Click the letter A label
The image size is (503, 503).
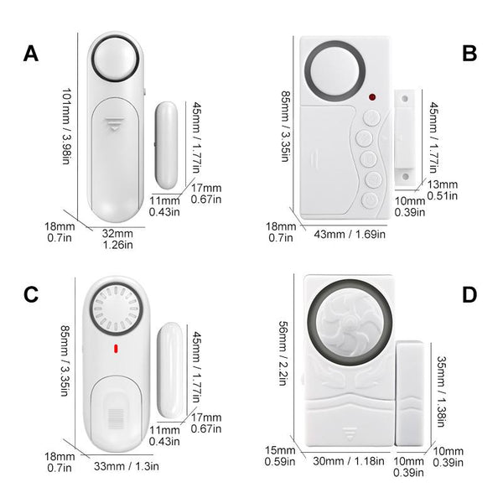31,54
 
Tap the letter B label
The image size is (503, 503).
469,54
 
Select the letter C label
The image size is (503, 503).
31,294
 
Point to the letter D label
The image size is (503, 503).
469,294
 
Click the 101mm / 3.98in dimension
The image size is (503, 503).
65,127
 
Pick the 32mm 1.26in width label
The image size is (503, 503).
117,239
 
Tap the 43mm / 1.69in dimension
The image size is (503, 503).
350,234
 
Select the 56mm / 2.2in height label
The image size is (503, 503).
283,353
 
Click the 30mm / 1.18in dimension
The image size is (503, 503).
349,461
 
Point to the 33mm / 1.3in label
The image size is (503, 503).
126,466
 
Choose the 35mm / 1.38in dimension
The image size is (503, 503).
442,392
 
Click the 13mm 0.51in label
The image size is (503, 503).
443,190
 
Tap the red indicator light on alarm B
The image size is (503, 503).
372,97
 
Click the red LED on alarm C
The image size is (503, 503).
116,349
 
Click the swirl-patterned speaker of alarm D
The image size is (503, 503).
350,323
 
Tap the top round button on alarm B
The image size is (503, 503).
371,118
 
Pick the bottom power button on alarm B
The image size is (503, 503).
370,201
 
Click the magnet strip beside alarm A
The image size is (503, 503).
166,145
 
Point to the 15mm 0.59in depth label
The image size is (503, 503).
280,456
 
